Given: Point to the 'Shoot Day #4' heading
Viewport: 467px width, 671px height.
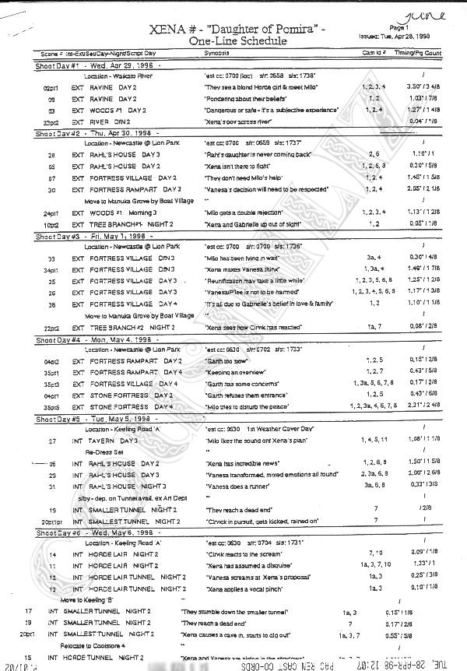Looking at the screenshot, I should coord(57,340).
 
